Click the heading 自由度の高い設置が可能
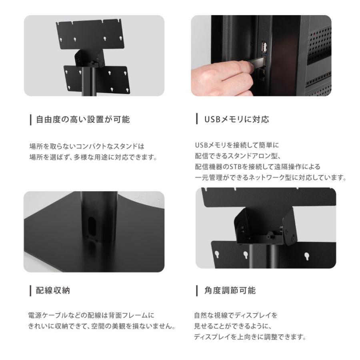(x=83, y=120)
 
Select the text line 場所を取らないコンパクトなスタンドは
(x=87, y=146)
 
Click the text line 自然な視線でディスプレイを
(x=236, y=315)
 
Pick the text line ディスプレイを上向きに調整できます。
(x=250, y=337)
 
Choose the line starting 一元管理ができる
(x=270, y=178)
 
